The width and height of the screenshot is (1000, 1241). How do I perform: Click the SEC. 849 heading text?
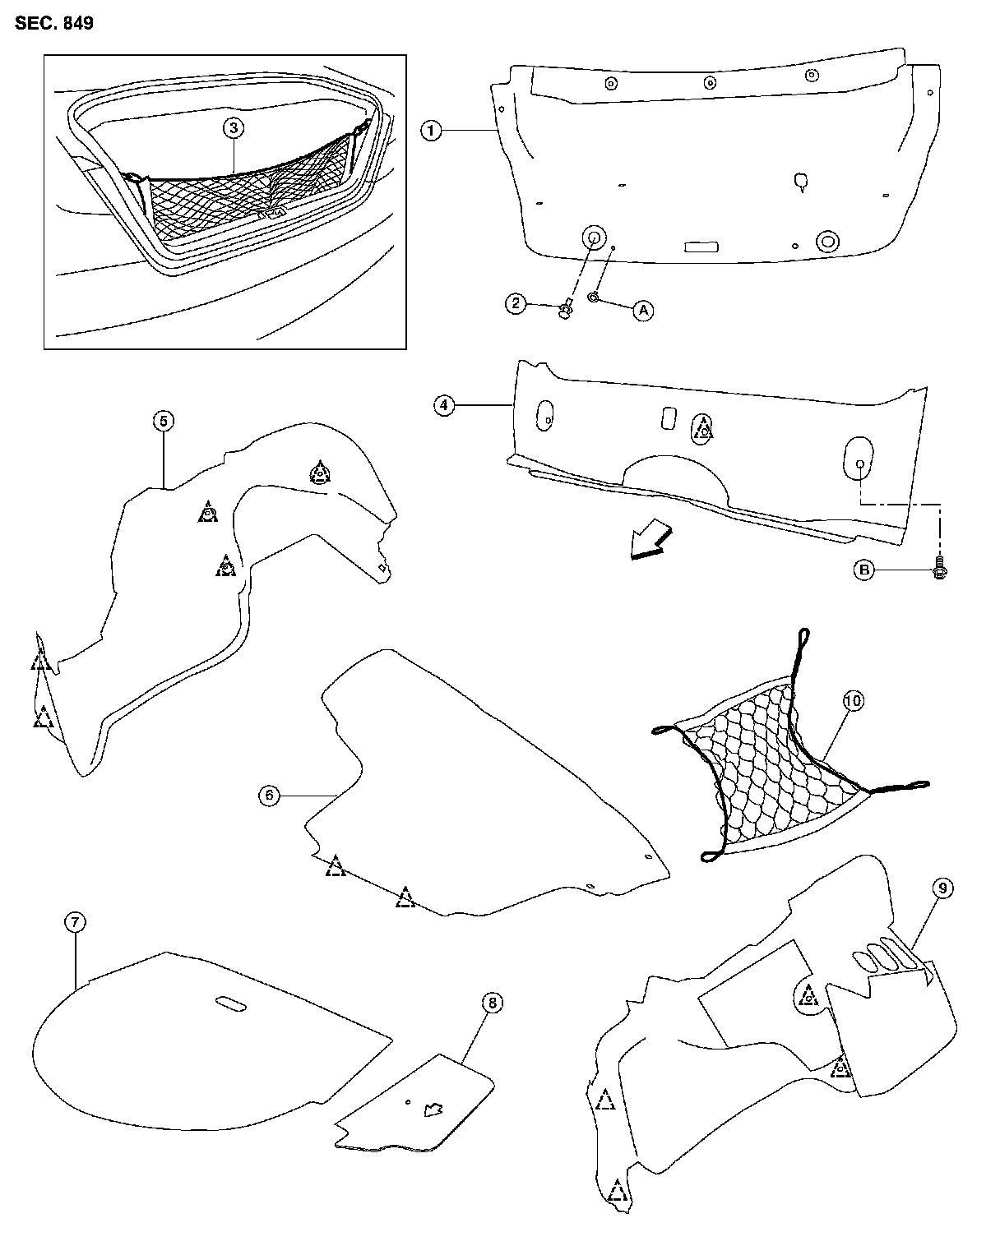[53, 23]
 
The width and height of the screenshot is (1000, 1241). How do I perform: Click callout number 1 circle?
[433, 130]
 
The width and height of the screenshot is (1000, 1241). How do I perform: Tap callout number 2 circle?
[516, 304]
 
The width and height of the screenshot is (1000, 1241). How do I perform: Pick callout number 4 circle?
[445, 404]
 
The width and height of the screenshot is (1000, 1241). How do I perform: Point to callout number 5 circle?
[163, 422]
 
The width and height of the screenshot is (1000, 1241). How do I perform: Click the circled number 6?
[268, 795]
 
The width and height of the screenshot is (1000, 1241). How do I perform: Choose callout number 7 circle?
[75, 923]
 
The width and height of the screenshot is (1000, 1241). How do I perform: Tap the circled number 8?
[492, 1003]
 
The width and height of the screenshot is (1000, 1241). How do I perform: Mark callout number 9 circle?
[943, 888]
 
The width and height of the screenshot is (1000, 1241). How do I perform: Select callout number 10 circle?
[853, 700]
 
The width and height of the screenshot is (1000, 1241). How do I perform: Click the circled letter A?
[643, 310]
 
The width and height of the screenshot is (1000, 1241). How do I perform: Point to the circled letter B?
[863, 570]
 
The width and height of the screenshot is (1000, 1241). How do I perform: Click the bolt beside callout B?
[939, 569]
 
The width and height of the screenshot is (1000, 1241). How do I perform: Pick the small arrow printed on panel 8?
[432, 1110]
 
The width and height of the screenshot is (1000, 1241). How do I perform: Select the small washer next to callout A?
[594, 296]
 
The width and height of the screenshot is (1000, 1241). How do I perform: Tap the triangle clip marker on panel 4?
[703, 427]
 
